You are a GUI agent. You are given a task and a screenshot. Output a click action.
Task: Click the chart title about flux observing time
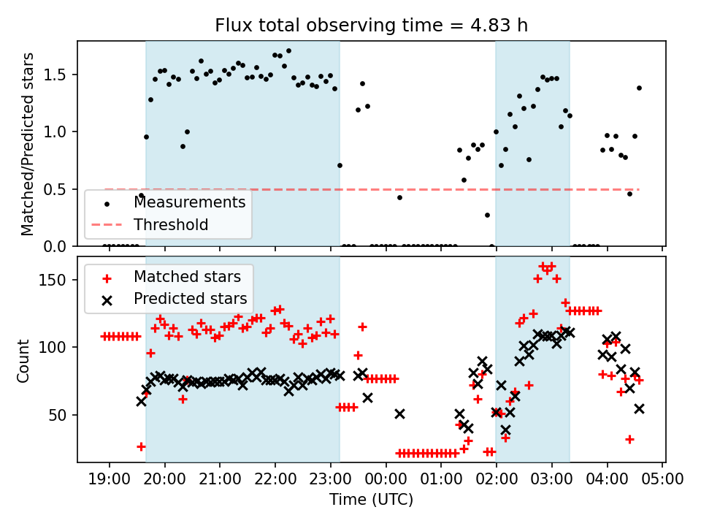[x=371, y=26]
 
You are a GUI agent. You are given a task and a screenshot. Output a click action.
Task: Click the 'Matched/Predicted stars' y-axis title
[x=28, y=144]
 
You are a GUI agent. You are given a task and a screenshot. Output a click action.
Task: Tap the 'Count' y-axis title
[x=25, y=360]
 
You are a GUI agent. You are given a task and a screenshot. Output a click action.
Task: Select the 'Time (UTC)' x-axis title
[x=371, y=500]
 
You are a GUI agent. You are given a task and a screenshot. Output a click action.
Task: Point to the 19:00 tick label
[x=110, y=480]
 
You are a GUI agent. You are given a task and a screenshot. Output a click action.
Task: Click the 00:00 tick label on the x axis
[x=386, y=480]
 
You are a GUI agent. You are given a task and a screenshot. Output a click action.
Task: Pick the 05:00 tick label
[x=662, y=480]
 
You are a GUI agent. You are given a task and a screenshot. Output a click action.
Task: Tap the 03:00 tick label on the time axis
[x=551, y=480]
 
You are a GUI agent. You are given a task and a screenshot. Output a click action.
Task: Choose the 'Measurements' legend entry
[x=189, y=202]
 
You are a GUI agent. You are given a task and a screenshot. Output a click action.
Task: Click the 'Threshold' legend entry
[x=171, y=224]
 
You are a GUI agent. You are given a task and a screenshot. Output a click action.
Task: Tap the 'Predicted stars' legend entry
[x=190, y=298]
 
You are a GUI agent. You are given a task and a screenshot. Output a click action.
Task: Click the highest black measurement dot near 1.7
[x=288, y=51]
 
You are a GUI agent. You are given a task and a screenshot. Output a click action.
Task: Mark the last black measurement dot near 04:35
[x=639, y=88]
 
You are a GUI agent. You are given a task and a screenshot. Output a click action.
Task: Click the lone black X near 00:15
[x=399, y=413]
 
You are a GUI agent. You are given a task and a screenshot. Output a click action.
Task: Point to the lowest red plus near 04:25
[x=629, y=439]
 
